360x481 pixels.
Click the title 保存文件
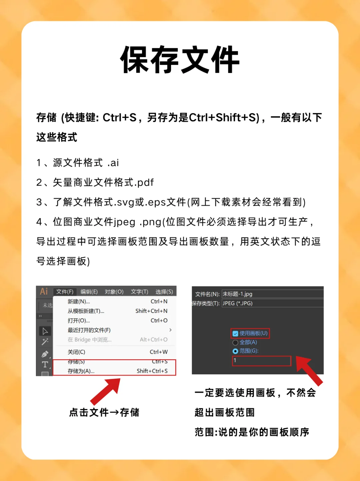pos(180,60)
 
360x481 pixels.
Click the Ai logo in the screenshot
pos(44,291)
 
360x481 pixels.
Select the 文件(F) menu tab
pos(65,292)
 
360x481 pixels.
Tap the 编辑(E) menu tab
pos(89,292)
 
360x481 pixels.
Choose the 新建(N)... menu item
pos(79,301)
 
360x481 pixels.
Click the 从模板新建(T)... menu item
pos(86,311)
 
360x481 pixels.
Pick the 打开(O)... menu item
pos(79,320)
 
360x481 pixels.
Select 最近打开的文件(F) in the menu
pos(89,330)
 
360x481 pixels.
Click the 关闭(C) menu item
pos(76,352)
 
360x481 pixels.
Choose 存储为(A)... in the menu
pos(81,371)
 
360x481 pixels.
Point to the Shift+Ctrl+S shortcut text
pos(152,371)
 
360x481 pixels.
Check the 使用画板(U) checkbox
pos(236,333)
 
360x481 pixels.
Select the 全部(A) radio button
pos(235,342)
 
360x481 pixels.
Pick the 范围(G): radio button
pos(235,351)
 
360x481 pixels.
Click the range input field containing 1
pos(261,360)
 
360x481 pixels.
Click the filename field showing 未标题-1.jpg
pos(272,294)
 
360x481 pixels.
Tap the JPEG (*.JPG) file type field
pos(272,303)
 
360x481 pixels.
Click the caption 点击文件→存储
pos(104,412)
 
